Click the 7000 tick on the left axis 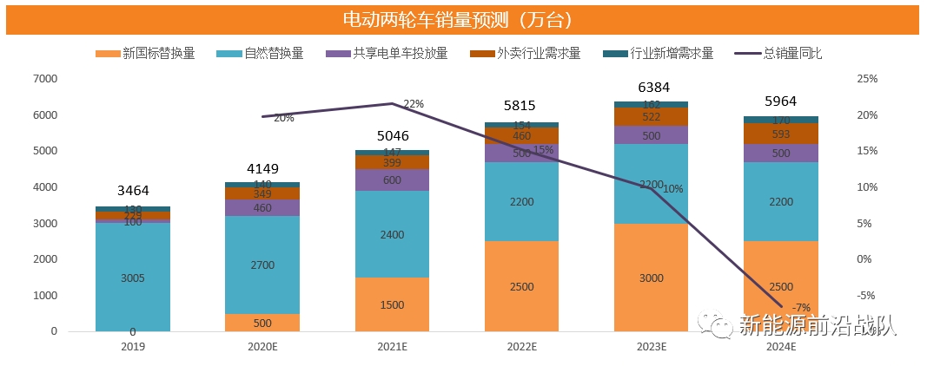tap(44, 79)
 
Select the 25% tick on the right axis tap(866, 79)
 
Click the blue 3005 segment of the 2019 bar tap(133, 278)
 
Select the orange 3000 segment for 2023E tap(651, 278)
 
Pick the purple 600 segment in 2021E tap(392, 180)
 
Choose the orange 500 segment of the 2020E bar tap(262, 323)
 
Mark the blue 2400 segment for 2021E tap(392, 234)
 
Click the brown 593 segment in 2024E tap(780, 134)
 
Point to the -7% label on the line tap(802, 307)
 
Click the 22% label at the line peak tap(414, 104)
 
